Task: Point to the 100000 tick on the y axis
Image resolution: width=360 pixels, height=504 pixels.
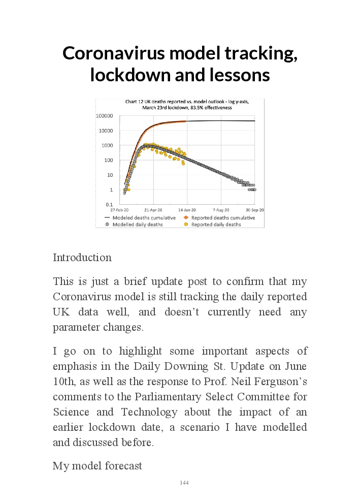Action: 104,116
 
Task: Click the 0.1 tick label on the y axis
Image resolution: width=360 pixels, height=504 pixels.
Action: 109,204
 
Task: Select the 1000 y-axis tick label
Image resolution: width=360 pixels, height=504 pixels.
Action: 106,145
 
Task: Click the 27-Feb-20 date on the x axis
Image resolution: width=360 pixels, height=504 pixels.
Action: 119,209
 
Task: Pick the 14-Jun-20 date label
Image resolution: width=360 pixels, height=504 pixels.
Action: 187,209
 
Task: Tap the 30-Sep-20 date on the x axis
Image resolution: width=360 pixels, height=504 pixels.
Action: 255,209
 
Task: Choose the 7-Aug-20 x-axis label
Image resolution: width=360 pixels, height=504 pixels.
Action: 221,209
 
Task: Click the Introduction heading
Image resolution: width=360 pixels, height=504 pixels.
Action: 82,258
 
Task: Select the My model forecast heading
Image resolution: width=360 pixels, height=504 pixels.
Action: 97,466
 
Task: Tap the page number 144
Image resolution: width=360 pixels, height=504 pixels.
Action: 184,483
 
